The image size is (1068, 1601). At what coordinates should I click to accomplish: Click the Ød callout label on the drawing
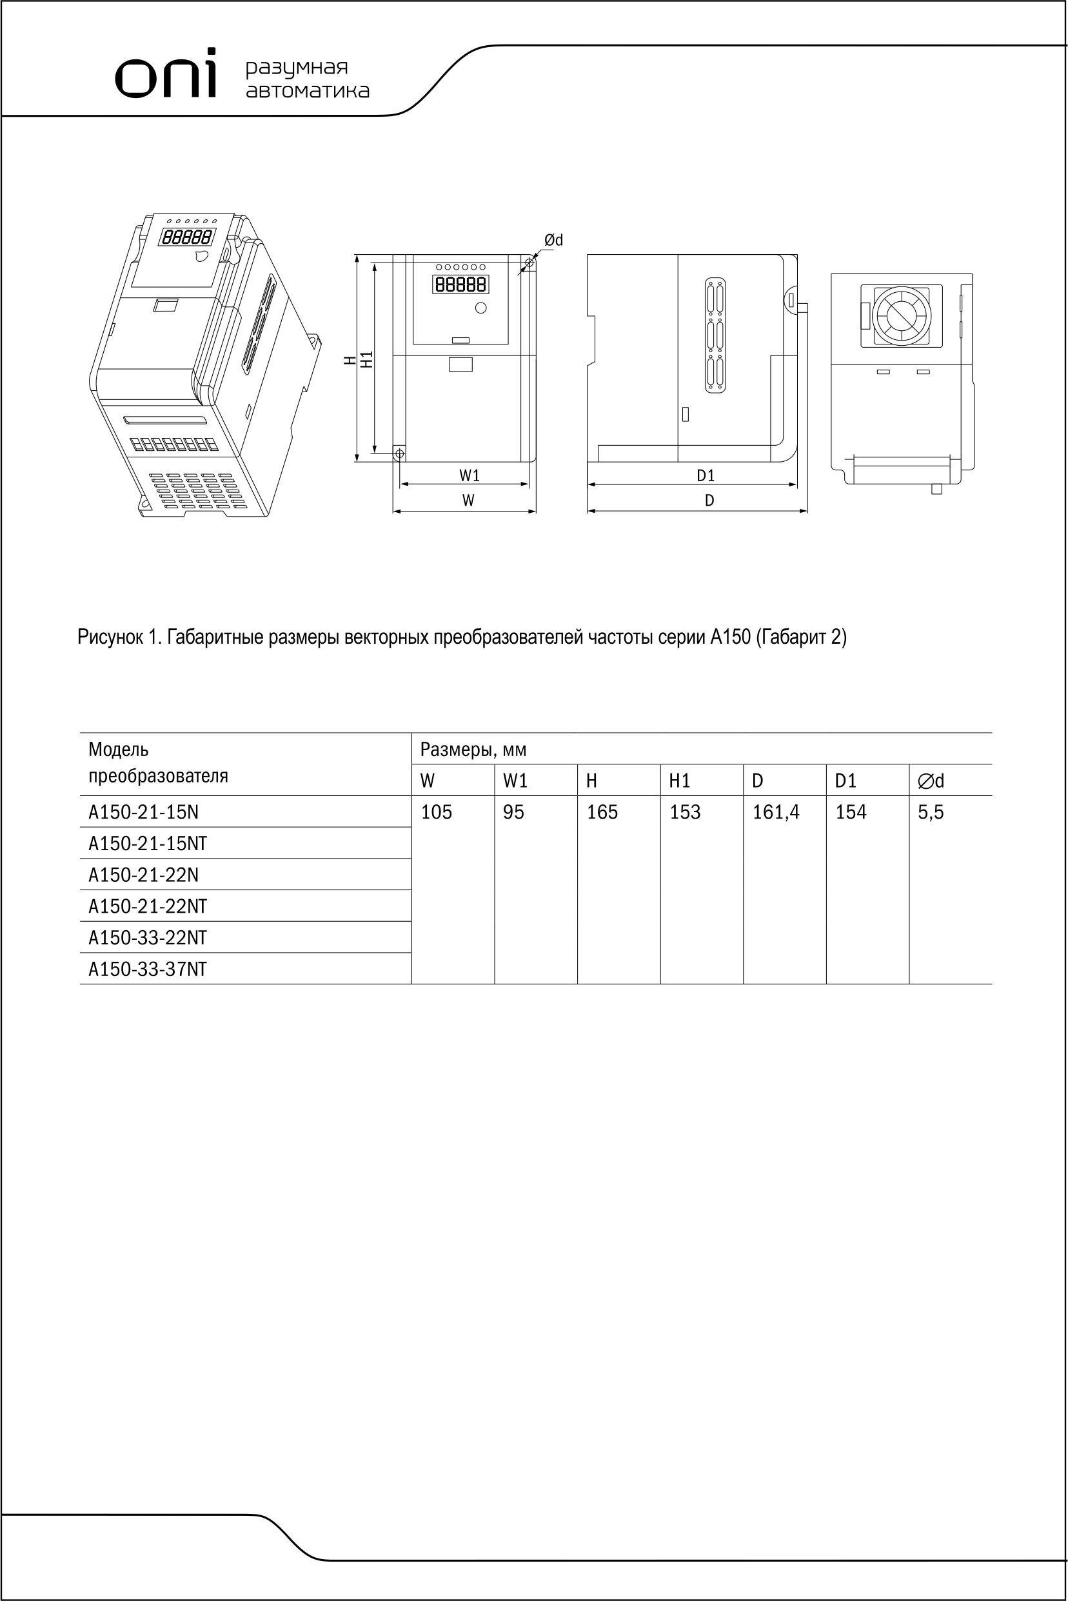553,240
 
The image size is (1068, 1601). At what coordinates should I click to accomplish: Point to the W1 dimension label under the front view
470,475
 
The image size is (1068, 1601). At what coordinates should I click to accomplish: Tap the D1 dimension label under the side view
706,475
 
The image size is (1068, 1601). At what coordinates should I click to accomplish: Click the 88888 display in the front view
460,284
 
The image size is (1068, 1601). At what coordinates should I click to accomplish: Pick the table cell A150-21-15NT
148,844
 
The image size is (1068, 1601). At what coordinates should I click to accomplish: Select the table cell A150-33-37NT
148,969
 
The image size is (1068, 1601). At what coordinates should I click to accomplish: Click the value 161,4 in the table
776,812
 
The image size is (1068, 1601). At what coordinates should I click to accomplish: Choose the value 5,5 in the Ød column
931,812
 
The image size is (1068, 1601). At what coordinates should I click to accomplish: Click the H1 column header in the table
680,781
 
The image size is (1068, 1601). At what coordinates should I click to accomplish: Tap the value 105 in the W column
437,812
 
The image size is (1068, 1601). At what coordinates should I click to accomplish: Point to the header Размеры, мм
473,750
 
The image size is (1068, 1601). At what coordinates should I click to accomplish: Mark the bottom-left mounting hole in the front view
400,453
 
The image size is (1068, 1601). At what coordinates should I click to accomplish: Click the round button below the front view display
481,308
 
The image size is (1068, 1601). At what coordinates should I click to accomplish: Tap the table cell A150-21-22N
144,875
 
